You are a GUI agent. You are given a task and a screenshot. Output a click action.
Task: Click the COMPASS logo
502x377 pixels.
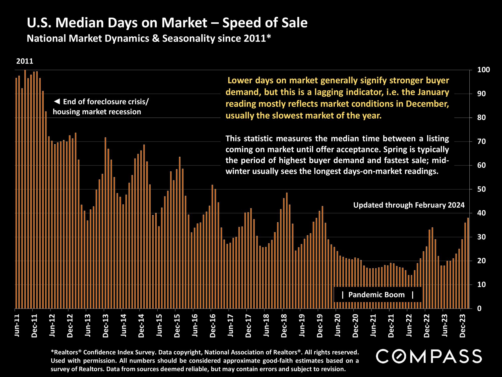pyautogui.click(x=429, y=356)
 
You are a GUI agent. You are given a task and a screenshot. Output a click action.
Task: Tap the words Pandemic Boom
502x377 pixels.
pyautogui.click(x=376, y=295)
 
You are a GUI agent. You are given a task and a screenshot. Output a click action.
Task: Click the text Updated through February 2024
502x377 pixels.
pyautogui.click(x=409, y=205)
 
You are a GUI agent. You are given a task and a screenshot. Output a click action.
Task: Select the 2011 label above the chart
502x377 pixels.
pyautogui.click(x=25, y=61)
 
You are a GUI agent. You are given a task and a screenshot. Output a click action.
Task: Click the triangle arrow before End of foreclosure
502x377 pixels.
pyautogui.click(x=57, y=102)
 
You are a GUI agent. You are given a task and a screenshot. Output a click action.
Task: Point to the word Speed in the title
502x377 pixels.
pyautogui.click(x=240, y=23)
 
